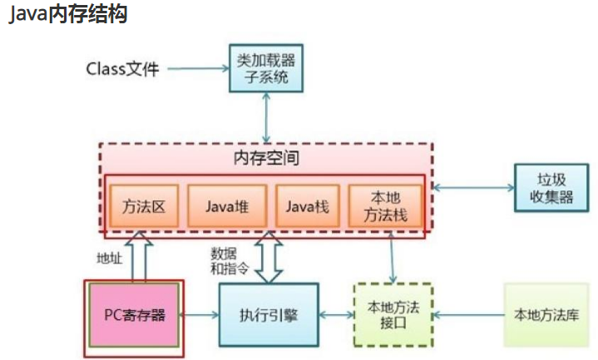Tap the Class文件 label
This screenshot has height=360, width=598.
pyautogui.click(x=121, y=68)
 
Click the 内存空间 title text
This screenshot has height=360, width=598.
pyautogui.click(x=265, y=157)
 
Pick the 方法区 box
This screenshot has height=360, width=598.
pyautogui.click(x=139, y=205)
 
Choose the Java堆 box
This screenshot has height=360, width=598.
pyautogui.click(x=225, y=205)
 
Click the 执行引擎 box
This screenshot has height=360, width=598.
pyautogui.click(x=269, y=315)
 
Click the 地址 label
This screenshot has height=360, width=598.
pyautogui.click(x=109, y=258)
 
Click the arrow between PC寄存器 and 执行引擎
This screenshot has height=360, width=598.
pyautogui.click(x=200, y=315)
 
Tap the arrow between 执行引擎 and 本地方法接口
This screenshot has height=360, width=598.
pyautogui.click(x=335, y=315)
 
